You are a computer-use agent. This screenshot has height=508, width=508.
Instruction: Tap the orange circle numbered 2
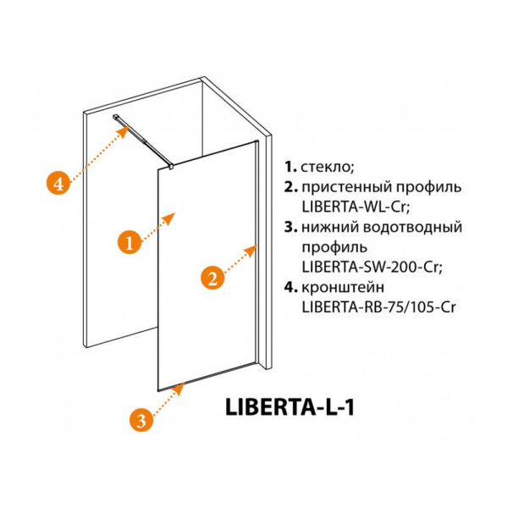pos(212,277)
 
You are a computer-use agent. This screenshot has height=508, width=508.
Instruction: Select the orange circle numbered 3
pos(142,418)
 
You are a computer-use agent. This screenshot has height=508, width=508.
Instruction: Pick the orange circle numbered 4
pos(57,182)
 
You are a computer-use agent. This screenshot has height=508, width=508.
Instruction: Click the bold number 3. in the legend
pos(290,227)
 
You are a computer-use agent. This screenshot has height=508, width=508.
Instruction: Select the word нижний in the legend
pos(326,227)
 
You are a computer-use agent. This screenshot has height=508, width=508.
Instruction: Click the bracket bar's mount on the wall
pos(116,117)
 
